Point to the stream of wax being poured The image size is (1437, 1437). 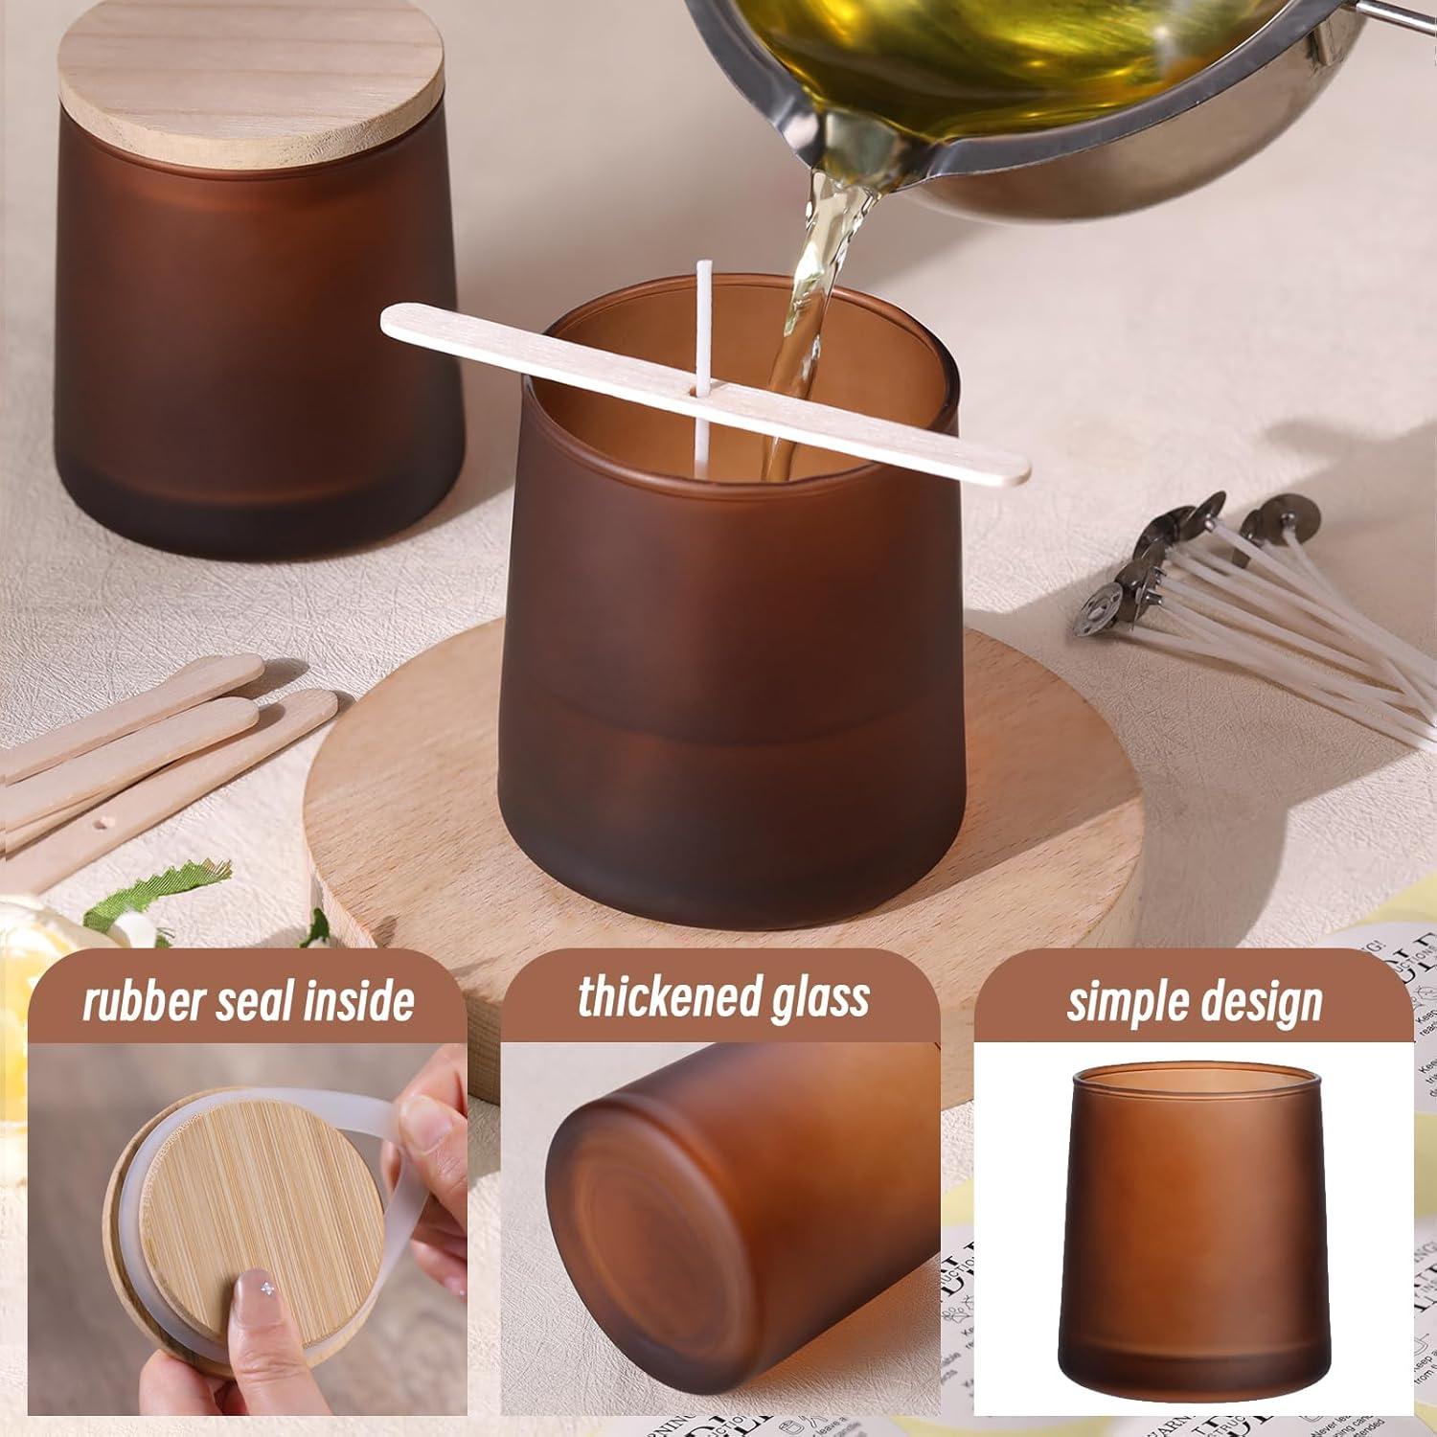click(x=805, y=287)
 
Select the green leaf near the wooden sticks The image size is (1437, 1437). click(x=153, y=896)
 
